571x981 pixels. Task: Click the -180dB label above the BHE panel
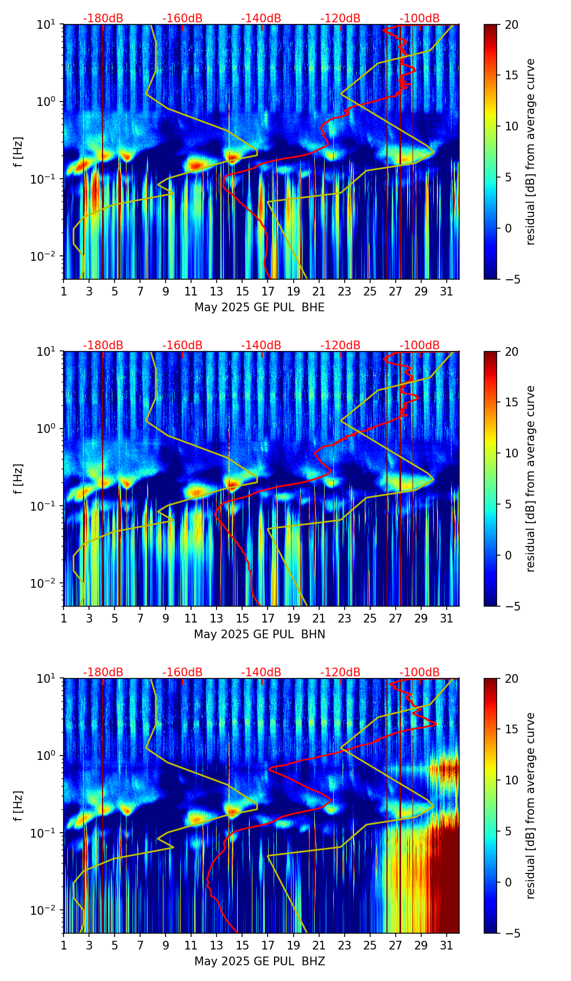pyautogui.click(x=103, y=18)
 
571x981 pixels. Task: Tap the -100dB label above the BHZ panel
pyautogui.click(x=420, y=672)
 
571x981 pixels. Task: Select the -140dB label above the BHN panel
pyautogui.click(x=261, y=345)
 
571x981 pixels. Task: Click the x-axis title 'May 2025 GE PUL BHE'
pyautogui.click(x=259, y=307)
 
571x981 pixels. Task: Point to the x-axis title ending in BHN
pyautogui.click(x=259, y=634)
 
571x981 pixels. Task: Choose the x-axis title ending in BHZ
pyautogui.click(x=259, y=961)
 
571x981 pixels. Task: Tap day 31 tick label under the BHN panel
pyautogui.click(x=446, y=618)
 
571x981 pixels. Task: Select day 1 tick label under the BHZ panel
pyautogui.click(x=64, y=945)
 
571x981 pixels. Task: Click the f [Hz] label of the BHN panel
pyautogui.click(x=18, y=479)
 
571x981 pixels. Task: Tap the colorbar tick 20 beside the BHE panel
pyautogui.click(x=511, y=24)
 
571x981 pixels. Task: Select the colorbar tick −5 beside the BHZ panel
pyautogui.click(x=511, y=933)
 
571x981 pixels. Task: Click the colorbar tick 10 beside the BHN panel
pyautogui.click(x=511, y=453)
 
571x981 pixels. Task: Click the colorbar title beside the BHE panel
pyautogui.click(x=530, y=152)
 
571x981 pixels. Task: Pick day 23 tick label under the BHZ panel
pyautogui.click(x=344, y=945)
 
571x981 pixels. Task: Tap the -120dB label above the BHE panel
pyautogui.click(x=340, y=18)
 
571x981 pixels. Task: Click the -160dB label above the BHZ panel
pyautogui.click(x=182, y=672)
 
